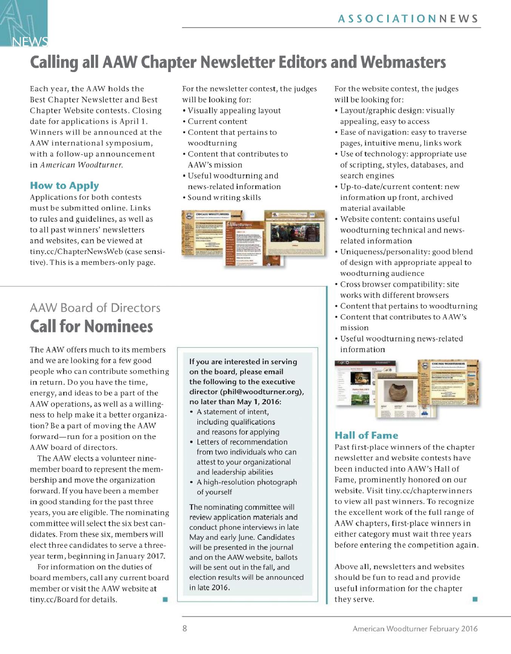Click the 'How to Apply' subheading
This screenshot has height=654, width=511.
click(x=65, y=186)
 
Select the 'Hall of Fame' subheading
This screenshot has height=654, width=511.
click(x=366, y=435)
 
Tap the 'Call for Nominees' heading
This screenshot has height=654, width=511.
click(x=91, y=326)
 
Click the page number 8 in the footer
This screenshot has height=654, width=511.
click(x=185, y=629)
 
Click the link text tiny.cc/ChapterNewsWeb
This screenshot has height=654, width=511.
click(x=81, y=252)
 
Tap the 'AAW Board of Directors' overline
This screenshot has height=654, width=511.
click(x=95, y=308)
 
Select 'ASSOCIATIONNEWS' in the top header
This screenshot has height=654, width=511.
click(x=408, y=19)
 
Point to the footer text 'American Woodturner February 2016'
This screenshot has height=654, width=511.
click(x=415, y=629)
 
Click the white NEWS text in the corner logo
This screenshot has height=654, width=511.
click(x=30, y=42)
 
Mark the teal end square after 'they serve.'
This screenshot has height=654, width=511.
click(x=475, y=599)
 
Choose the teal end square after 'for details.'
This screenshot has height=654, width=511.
click(x=165, y=599)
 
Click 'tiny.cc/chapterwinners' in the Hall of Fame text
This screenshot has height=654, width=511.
click(x=428, y=491)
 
